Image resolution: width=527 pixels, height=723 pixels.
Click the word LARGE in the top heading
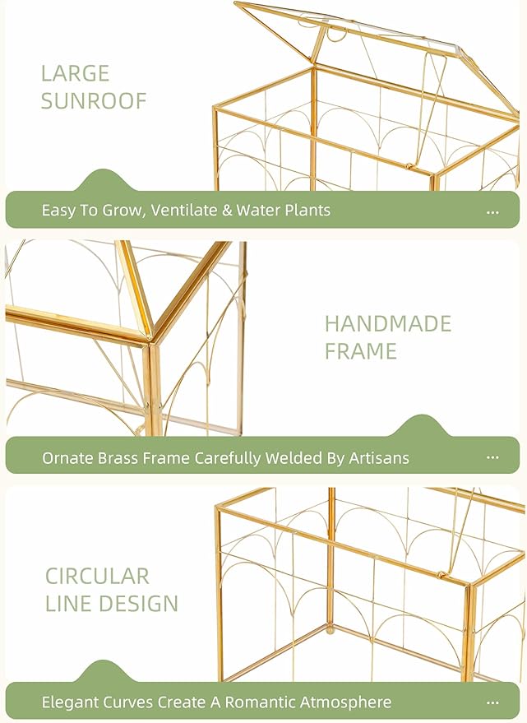[75, 73]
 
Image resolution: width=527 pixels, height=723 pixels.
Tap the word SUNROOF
[94, 101]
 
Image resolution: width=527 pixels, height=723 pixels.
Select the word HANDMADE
[388, 323]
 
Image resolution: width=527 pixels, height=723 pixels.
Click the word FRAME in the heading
[360, 351]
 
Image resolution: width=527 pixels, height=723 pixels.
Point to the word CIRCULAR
[97, 576]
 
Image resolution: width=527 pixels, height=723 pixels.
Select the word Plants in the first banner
[307, 211]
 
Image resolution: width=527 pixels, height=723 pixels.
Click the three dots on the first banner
[492, 211]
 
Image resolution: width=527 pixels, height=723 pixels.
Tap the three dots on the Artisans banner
[492, 458]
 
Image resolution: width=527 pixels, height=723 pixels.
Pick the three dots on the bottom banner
[492, 703]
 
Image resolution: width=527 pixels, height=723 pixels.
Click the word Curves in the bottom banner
[132, 702]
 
